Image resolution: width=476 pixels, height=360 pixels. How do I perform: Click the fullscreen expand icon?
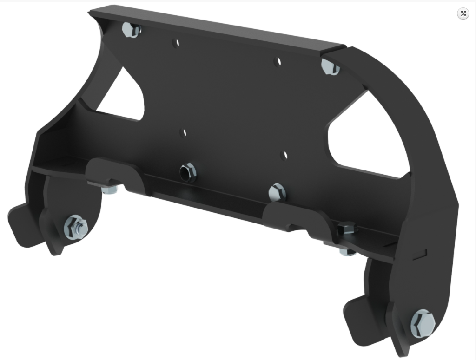coord(463,13)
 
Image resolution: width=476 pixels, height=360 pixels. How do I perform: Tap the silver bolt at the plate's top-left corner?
coord(131,30)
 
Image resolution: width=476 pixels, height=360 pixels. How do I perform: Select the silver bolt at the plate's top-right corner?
coord(331,67)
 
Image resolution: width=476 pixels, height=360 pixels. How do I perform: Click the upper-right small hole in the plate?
coord(278,61)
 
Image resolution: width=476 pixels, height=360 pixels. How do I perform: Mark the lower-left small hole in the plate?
coord(185,133)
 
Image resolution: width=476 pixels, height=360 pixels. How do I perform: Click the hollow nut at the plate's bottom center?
coord(187,172)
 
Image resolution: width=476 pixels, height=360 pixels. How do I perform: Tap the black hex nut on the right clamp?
coord(346,228)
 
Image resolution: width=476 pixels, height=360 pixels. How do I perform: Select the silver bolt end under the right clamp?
coord(347,251)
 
